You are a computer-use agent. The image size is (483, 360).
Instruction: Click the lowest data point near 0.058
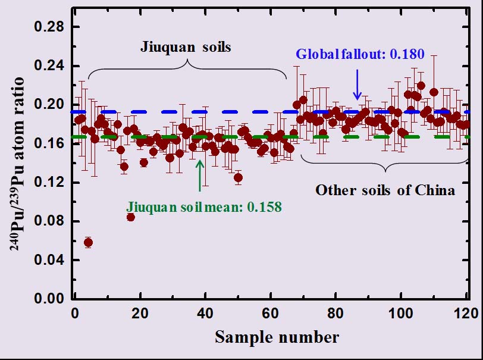(x=88, y=242)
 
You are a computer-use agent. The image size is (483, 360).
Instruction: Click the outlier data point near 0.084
(x=130, y=217)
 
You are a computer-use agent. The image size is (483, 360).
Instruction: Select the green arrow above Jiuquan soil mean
(x=200, y=175)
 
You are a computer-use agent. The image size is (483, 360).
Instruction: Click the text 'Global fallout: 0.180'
(x=360, y=55)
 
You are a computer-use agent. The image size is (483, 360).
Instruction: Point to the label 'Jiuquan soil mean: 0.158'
(x=204, y=208)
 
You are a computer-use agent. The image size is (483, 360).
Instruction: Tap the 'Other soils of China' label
(x=385, y=190)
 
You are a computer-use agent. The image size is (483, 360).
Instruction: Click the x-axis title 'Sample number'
(x=277, y=337)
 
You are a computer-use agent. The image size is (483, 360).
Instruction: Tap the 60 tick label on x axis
(x=271, y=313)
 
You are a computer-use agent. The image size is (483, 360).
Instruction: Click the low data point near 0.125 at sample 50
(x=238, y=177)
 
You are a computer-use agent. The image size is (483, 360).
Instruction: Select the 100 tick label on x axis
(x=400, y=313)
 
